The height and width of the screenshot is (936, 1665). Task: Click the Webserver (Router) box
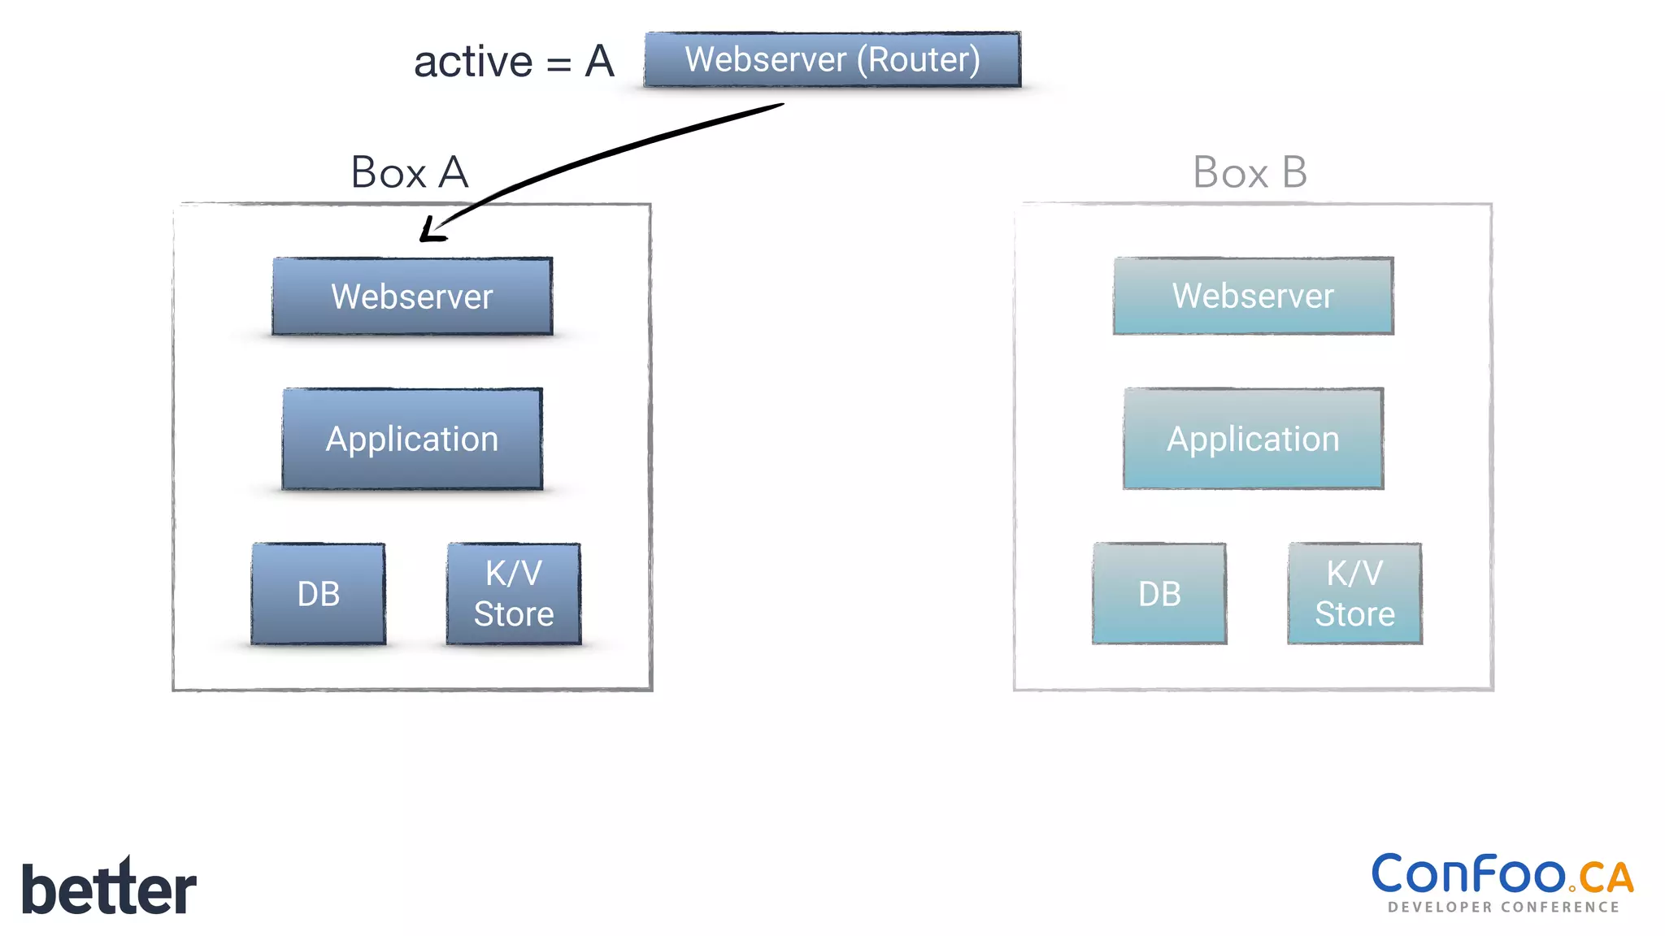tap(832, 59)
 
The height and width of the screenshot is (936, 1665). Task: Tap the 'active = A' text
tap(513, 62)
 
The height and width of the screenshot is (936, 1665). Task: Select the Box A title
tap(409, 172)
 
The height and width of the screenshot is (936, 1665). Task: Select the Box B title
tap(1250, 172)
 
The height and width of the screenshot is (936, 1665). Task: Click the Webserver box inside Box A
tap(412, 297)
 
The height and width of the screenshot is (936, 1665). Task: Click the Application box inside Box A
tap(412, 439)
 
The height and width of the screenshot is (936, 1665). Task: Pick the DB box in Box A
tap(318, 594)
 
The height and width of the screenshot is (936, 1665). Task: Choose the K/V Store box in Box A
tap(514, 594)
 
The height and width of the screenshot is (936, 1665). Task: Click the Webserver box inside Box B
tap(1253, 296)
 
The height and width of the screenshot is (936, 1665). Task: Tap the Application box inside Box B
tap(1253, 439)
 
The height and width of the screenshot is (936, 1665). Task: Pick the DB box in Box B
tap(1159, 594)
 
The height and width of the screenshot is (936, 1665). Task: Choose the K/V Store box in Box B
tap(1354, 594)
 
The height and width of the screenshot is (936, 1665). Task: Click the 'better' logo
tap(109, 888)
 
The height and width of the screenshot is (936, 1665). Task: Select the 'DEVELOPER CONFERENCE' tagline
tap(1503, 908)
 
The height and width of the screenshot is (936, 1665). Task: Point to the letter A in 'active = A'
tap(599, 62)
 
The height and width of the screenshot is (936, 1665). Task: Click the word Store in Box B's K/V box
tap(1354, 614)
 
